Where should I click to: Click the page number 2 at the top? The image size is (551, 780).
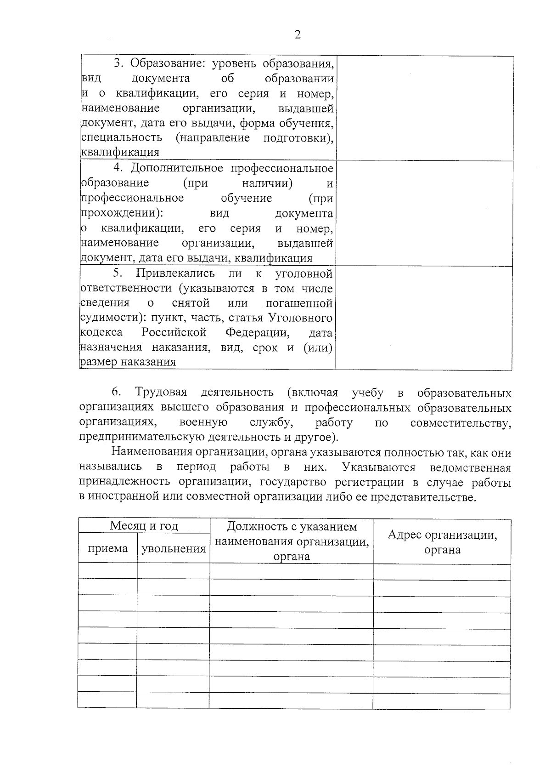[x=298, y=35]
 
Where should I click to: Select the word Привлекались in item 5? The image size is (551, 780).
[x=175, y=273]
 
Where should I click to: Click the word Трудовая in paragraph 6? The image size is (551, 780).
[x=161, y=393]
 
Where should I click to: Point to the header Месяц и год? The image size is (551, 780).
[x=144, y=526]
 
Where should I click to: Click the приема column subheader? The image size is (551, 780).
[x=107, y=548]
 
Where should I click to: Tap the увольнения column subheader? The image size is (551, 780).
[x=173, y=548]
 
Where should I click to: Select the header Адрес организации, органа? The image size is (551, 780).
[x=442, y=542]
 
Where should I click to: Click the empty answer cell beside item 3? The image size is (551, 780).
[x=425, y=108]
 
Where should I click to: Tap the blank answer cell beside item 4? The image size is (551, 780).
[x=425, y=213]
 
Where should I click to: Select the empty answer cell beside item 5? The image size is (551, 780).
[x=423, y=318]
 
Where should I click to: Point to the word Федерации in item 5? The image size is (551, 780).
[x=257, y=332]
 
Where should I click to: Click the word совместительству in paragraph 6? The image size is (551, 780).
[x=461, y=423]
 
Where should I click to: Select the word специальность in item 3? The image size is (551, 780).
[x=122, y=138]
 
